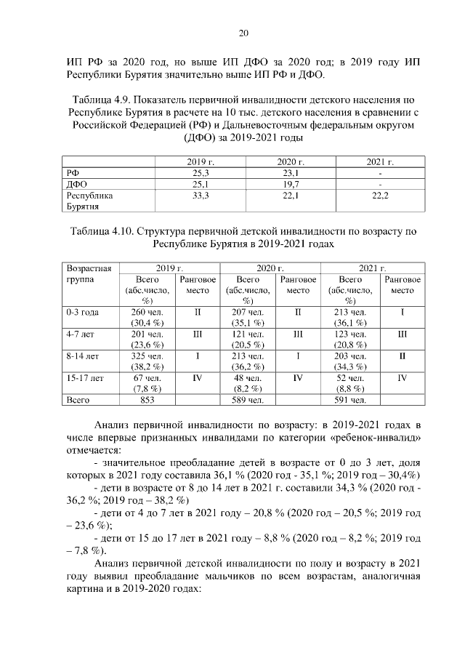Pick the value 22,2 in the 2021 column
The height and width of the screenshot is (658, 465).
[381, 196]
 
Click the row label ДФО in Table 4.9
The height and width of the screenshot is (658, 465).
[76, 185]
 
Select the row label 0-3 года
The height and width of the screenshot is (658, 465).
[83, 312]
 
